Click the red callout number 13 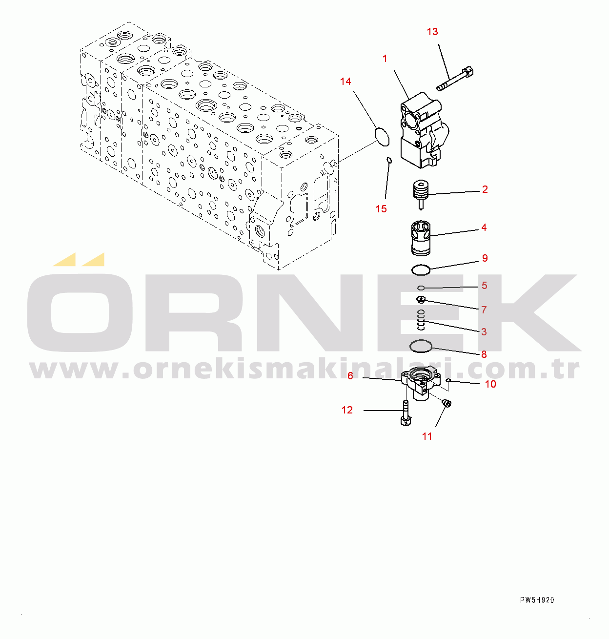coord(432,32)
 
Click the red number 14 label coord(345,82)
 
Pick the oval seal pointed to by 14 coord(382,136)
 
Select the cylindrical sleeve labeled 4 coord(421,238)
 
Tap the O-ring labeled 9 coord(421,269)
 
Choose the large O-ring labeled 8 coord(421,346)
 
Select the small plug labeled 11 coord(446,403)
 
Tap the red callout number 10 coord(490,384)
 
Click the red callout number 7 coord(484,310)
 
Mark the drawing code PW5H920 coord(537,600)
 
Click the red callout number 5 coord(484,286)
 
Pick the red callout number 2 coord(485,189)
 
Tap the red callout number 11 coord(427,436)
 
